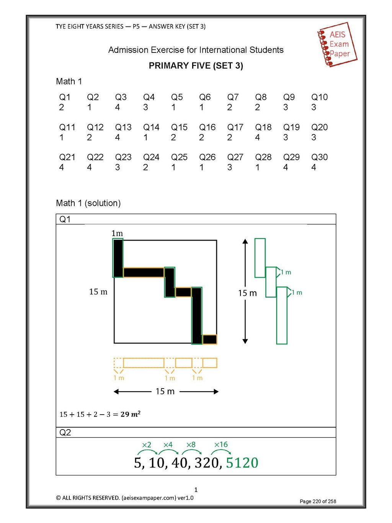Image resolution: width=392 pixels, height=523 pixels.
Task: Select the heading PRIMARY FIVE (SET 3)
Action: (x=196, y=66)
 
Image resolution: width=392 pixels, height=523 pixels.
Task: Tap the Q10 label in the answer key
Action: (x=319, y=97)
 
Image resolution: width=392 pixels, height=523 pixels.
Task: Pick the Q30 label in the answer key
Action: (x=319, y=157)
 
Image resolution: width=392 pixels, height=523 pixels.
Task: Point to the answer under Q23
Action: (x=118, y=167)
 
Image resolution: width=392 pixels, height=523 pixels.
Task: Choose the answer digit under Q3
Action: (x=118, y=107)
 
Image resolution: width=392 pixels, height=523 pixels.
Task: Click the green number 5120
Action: (x=242, y=463)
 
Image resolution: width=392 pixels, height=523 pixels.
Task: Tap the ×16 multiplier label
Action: (x=221, y=444)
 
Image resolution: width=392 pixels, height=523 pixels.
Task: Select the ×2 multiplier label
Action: (x=146, y=444)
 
